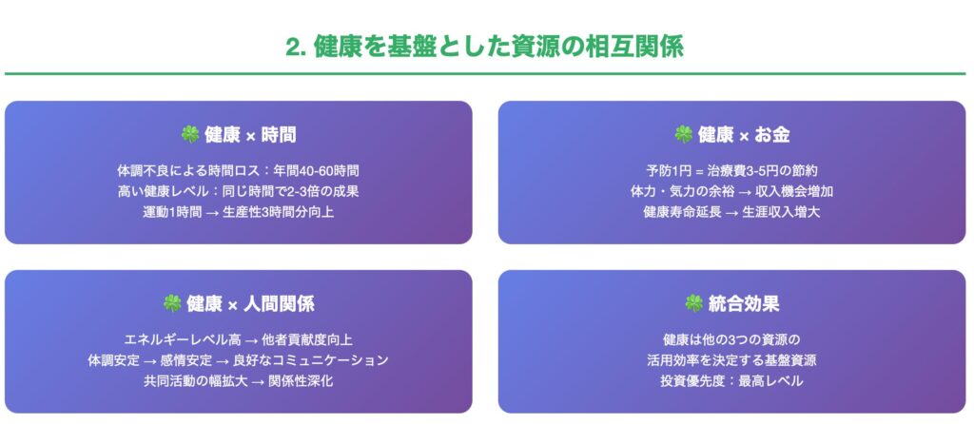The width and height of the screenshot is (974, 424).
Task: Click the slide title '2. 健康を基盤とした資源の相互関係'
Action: pyautogui.click(x=485, y=48)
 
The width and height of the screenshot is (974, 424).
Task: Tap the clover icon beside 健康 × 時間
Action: pyautogui.click(x=189, y=134)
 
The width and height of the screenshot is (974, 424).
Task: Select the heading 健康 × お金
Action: pyautogui.click(x=744, y=135)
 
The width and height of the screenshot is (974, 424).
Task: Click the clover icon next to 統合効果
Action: pyautogui.click(x=693, y=303)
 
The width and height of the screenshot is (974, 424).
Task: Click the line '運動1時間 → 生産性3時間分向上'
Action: pyautogui.click(x=239, y=212)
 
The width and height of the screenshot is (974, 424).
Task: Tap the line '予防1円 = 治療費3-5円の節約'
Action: pyautogui.click(x=731, y=170)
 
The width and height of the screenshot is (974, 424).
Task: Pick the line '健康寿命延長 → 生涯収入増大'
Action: pyautogui.click(x=731, y=212)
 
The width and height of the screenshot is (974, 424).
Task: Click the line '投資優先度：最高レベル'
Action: pyautogui.click(x=731, y=380)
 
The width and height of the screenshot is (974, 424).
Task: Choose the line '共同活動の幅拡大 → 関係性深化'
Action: pyautogui.click(x=239, y=380)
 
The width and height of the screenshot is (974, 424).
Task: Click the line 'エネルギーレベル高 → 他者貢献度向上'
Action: pyautogui.click(x=239, y=339)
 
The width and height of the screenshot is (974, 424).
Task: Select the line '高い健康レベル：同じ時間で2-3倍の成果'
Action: pyautogui.click(x=239, y=191)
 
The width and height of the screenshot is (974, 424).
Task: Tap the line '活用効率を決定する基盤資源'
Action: pyautogui.click(x=731, y=360)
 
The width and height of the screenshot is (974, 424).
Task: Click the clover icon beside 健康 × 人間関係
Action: pyautogui.click(x=171, y=303)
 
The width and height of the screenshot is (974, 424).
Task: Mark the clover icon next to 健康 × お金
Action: pyautogui.click(x=683, y=134)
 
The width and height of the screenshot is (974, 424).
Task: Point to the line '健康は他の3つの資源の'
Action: pyautogui.click(x=731, y=339)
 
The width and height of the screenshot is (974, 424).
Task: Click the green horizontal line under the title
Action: pyautogui.click(x=485, y=74)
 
